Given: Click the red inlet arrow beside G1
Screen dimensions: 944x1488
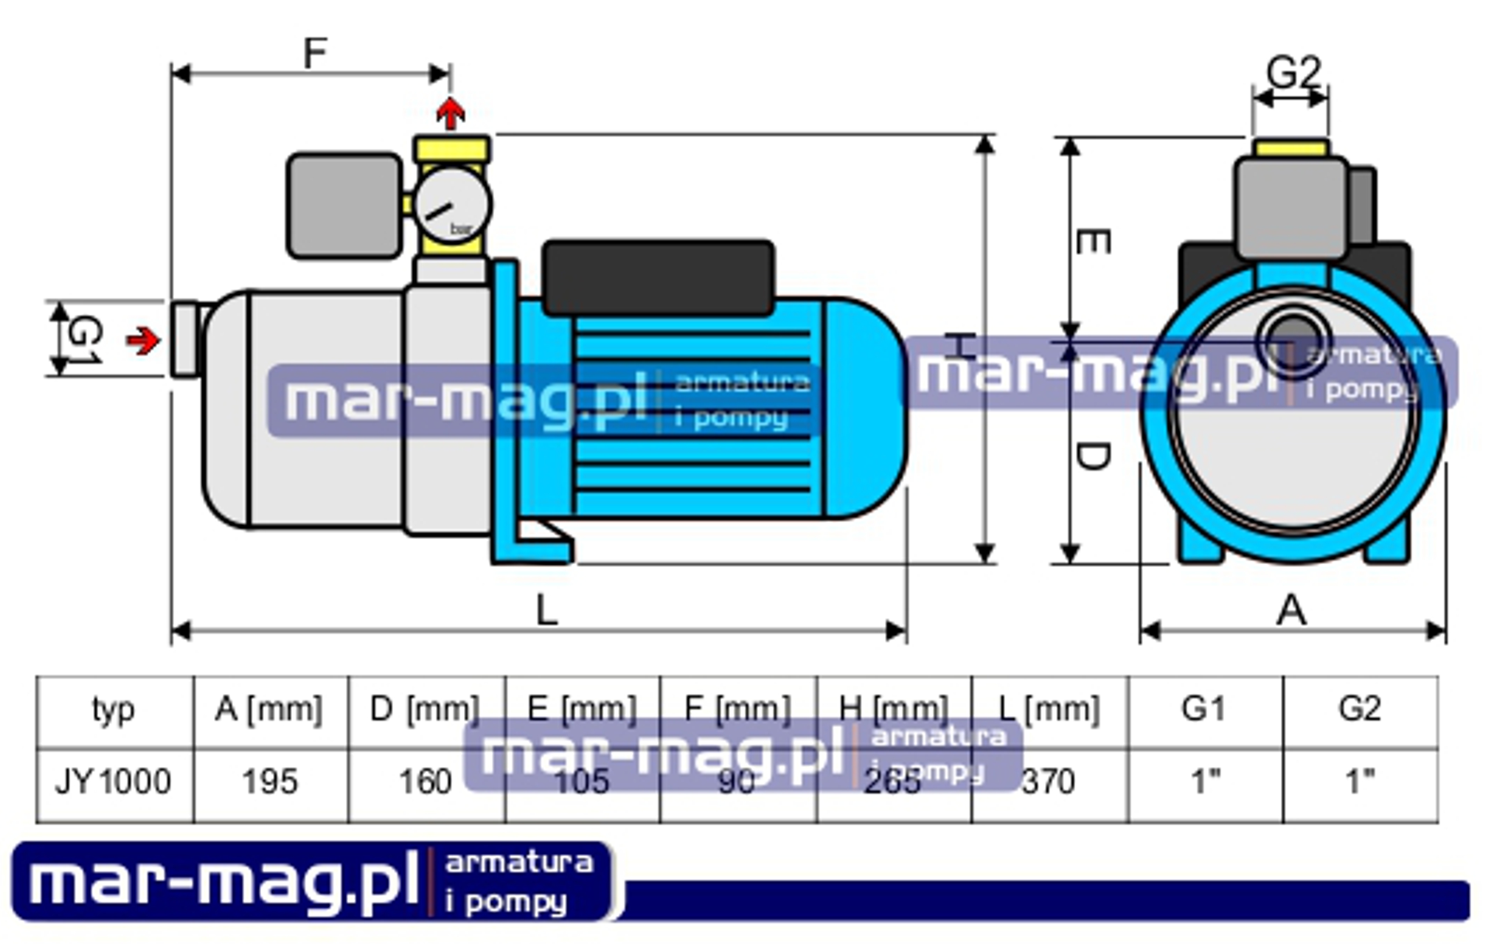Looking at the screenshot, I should point(144,341).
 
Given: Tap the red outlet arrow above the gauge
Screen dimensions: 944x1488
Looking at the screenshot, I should point(450,113).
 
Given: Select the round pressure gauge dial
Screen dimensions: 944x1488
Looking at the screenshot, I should point(452,205).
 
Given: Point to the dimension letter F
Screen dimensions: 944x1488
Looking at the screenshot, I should point(315,53).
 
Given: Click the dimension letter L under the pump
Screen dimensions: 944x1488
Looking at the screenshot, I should point(546,610).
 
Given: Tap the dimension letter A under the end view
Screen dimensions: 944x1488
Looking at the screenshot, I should point(1291,611).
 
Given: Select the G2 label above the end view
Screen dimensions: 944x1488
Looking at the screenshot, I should point(1293,72).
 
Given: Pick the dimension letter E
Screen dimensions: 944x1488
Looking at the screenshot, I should point(1093,241).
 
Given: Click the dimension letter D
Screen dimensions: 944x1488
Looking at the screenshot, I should point(1093,456).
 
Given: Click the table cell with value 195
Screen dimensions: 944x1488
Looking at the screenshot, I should point(270,781).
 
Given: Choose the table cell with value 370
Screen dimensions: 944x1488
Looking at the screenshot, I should point(1048,781).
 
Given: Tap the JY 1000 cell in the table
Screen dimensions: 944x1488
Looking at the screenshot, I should point(113,781).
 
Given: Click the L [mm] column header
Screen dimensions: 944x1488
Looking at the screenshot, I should point(1049,708).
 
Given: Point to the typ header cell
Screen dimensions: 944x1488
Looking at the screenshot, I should point(113,708).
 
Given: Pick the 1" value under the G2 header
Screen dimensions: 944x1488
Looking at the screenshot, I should point(1360,781).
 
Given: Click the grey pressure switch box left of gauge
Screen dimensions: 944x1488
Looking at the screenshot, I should point(344,205).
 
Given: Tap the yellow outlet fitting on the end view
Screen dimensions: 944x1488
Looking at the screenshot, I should point(1292,148).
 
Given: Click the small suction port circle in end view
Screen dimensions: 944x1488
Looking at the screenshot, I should point(1293,341).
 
